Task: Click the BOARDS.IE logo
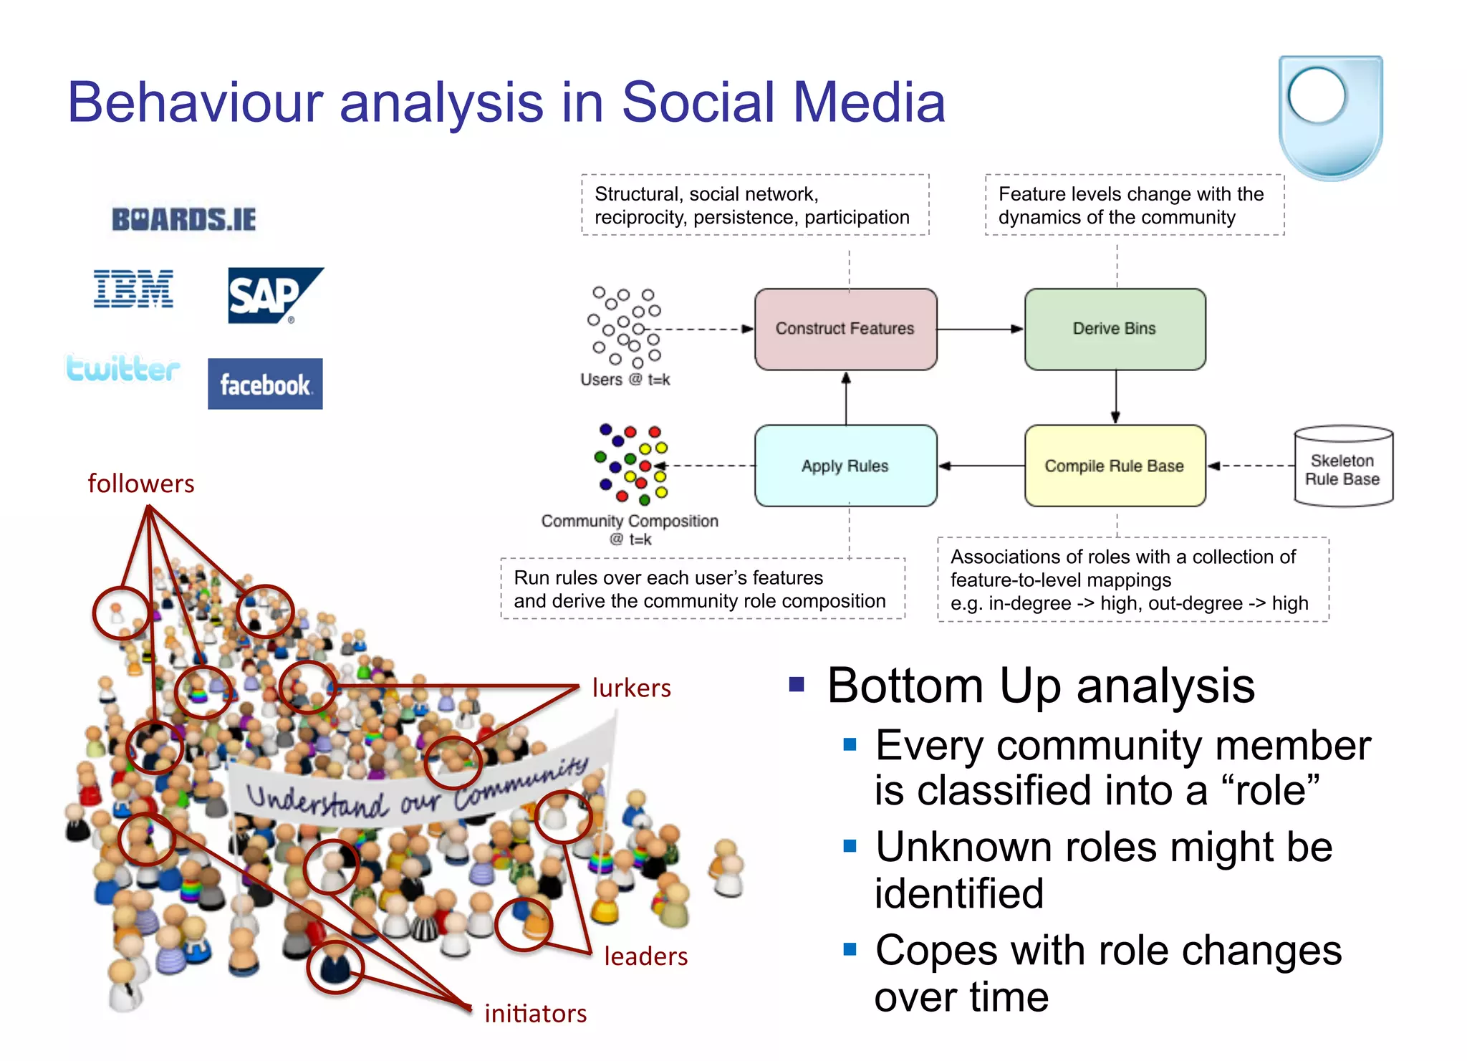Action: click(183, 219)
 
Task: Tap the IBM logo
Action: click(133, 289)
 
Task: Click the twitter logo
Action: click(122, 368)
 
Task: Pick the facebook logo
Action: click(265, 385)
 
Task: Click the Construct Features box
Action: click(845, 329)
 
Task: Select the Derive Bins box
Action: click(1115, 329)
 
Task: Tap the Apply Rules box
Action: click(845, 466)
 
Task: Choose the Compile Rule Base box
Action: click(1115, 466)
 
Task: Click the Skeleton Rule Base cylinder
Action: click(1342, 467)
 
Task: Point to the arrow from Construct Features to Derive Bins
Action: click(980, 330)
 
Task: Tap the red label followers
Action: click(141, 484)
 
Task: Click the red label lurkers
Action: click(631, 688)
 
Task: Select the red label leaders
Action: click(645, 956)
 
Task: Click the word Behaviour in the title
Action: click(195, 102)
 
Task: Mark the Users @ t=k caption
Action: click(625, 380)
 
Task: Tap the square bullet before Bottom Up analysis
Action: click(797, 684)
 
